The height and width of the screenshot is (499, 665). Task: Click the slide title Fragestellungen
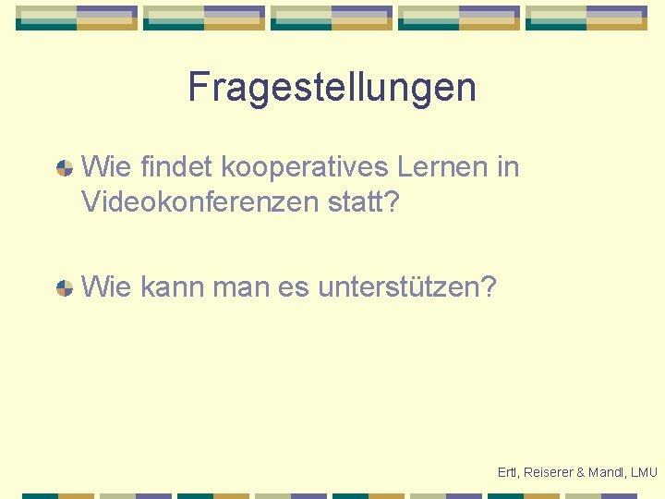coord(332,88)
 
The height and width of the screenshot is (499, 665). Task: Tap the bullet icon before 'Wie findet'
coord(65,168)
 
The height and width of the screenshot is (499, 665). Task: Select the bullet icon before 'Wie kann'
coord(65,287)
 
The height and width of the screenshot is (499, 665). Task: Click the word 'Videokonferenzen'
coord(200,201)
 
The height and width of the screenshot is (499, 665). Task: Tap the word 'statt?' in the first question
coord(364,201)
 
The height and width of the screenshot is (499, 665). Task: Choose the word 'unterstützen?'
coord(407,287)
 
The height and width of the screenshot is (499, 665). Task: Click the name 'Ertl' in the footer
coord(508,472)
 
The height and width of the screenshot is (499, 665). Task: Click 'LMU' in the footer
coord(645,472)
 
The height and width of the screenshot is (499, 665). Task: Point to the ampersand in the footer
coord(580,472)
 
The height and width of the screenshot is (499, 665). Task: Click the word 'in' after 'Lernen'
coord(507,167)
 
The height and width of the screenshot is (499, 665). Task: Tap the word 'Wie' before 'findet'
coord(106,167)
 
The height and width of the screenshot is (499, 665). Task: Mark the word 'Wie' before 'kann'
coord(106,287)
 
